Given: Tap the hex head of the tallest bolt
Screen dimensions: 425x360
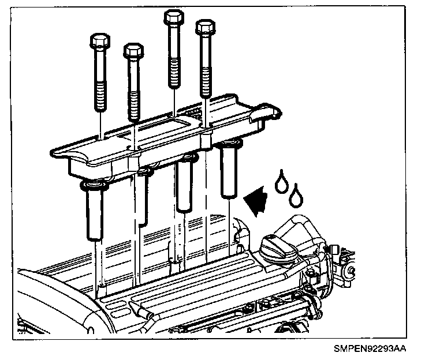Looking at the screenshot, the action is pos(174,17).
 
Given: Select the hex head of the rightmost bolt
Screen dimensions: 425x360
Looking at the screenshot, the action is pos(206,27).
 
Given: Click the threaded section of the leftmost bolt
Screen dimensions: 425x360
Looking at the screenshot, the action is pos(100,97).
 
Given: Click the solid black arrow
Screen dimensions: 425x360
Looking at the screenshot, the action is pos(256,200).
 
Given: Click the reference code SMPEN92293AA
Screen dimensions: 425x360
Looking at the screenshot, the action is pos(370,348).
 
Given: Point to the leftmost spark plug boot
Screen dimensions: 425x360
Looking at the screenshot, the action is pos(95,211).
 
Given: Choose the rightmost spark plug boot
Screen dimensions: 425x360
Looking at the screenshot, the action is pos(229,169).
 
